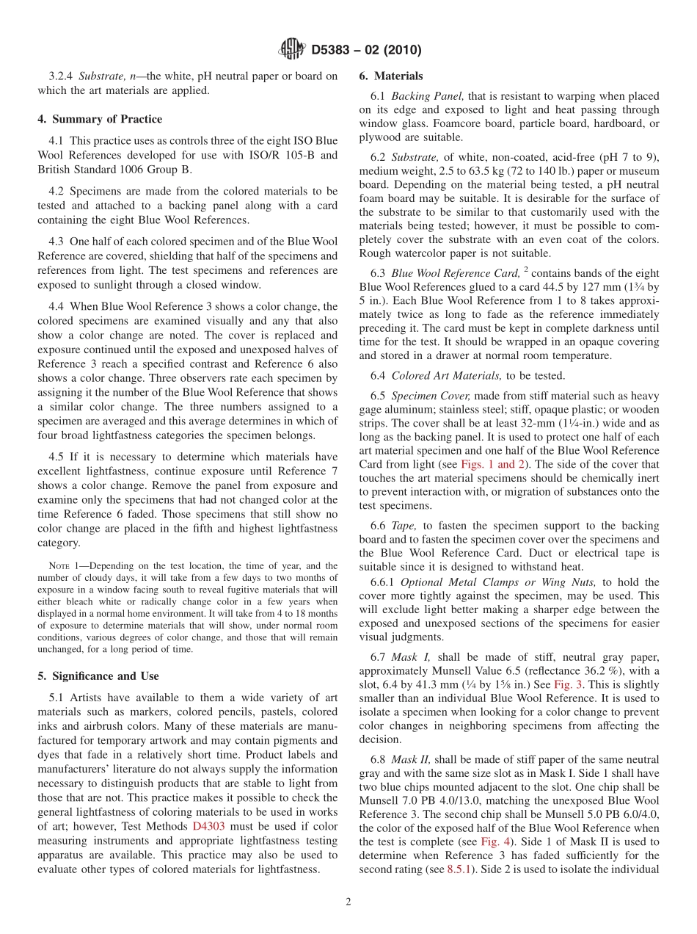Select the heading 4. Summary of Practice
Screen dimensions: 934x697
[x=100, y=119]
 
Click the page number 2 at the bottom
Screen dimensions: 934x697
[x=348, y=902]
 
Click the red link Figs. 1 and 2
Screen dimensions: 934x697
[x=489, y=464]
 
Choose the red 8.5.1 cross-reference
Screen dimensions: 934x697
[x=461, y=869]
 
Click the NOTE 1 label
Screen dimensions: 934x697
[x=62, y=565]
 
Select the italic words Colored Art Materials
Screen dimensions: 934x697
[x=441, y=375]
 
